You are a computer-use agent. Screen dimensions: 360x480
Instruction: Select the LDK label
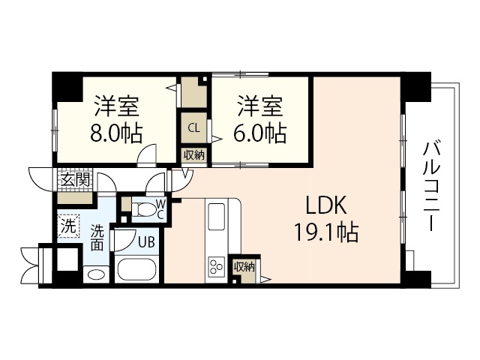coord(325,205)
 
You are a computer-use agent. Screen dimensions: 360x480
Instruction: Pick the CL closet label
coord(193,127)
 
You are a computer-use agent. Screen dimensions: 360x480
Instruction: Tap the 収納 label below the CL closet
coord(193,155)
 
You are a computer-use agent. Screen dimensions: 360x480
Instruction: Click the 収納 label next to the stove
coord(244,266)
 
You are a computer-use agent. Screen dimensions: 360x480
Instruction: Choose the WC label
coord(160,209)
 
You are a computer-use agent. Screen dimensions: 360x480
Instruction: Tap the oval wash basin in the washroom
coord(96,275)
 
